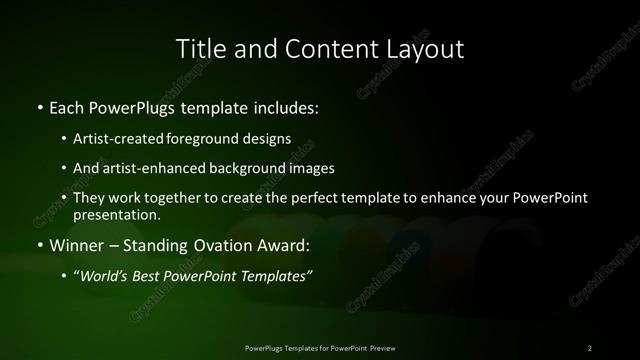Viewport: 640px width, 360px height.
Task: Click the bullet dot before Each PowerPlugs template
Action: pyautogui.click(x=39, y=105)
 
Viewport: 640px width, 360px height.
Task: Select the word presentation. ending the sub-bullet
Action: pyautogui.click(x=116, y=214)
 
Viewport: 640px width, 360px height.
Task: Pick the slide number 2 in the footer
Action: pyautogui.click(x=590, y=347)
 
